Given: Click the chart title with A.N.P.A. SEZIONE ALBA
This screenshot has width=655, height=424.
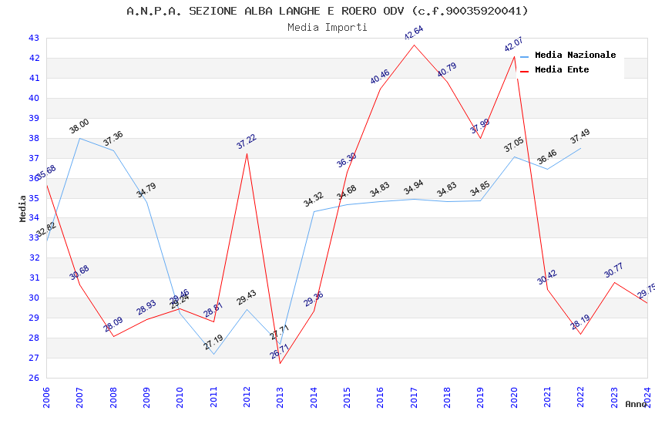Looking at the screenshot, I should (x=327, y=11).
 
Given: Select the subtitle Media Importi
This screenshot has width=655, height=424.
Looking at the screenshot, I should (x=327, y=27).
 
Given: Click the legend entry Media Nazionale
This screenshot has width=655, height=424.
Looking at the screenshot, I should (x=575, y=55).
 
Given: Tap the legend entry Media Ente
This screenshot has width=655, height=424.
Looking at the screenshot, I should (x=562, y=69).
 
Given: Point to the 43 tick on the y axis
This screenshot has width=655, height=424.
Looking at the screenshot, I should (x=34, y=38).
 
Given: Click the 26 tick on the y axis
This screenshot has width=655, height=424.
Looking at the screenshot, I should (x=34, y=378).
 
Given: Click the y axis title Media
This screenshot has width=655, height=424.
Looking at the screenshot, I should (x=23, y=208).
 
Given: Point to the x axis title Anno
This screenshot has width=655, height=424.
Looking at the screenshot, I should (x=636, y=404).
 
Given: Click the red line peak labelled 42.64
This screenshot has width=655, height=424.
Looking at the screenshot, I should (x=414, y=45).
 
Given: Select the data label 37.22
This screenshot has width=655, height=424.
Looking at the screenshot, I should (x=247, y=141).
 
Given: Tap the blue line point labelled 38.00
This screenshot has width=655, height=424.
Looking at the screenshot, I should (x=80, y=138).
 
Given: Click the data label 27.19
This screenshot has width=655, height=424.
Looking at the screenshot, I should (x=213, y=342).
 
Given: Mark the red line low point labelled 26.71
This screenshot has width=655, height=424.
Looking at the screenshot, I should (x=280, y=363).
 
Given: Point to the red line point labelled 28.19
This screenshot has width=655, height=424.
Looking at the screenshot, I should (x=580, y=334).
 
